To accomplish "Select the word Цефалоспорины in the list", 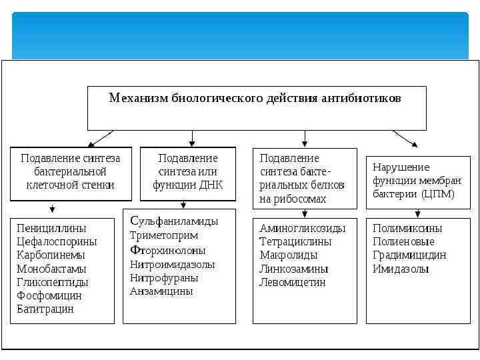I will pyautogui.click(x=57, y=241).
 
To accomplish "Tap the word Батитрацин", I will pyautogui.click(x=45, y=309).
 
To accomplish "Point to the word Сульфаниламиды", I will pyautogui.click(x=174, y=221).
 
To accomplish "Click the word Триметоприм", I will pyautogui.click(x=164, y=235).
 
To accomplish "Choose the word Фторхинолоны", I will pyautogui.click(x=168, y=250).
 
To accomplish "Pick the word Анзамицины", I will pyautogui.click(x=161, y=291).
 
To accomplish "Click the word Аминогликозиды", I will pyautogui.click(x=303, y=228).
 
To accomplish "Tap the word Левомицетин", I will pyautogui.click(x=293, y=283).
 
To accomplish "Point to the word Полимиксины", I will pyautogui.click(x=407, y=228).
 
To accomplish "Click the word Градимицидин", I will pyautogui.click(x=409, y=255).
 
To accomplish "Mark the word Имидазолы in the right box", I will pyautogui.click(x=401, y=269).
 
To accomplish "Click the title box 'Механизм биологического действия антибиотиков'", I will pyautogui.click(x=257, y=107).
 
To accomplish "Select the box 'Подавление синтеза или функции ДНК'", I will pyautogui.click(x=187, y=173).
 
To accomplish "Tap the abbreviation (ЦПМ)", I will pyautogui.click(x=438, y=194).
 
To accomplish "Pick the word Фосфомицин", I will pyautogui.click(x=49, y=296).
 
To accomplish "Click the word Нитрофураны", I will pyautogui.click(x=163, y=277).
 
